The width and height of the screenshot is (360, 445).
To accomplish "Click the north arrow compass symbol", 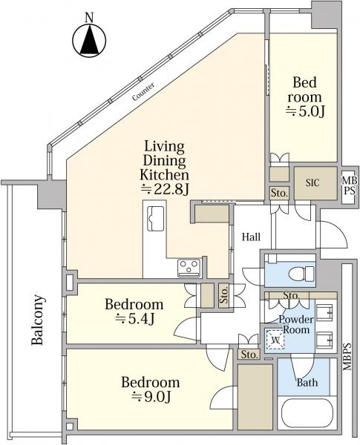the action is tap(89, 40).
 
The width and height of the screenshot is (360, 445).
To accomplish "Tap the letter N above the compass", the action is tap(90, 18).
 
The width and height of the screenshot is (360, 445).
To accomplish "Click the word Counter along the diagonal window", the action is tap(143, 92).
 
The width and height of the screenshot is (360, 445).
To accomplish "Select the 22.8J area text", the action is tap(165, 190).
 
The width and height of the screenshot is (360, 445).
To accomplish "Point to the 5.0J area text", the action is tap(305, 111).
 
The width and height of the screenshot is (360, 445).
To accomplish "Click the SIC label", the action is tap(312, 182).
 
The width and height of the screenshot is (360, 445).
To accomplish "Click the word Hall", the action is tap(251, 237).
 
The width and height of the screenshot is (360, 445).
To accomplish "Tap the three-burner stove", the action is tap(189, 268).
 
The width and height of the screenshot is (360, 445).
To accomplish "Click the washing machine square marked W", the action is tap(275, 339).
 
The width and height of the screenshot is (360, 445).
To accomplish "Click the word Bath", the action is tap(307, 383).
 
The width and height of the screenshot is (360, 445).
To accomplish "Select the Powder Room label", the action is tap(296, 324).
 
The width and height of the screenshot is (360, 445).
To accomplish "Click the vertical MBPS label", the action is tap(347, 357).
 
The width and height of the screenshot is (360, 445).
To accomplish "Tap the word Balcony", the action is tap(38, 320).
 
